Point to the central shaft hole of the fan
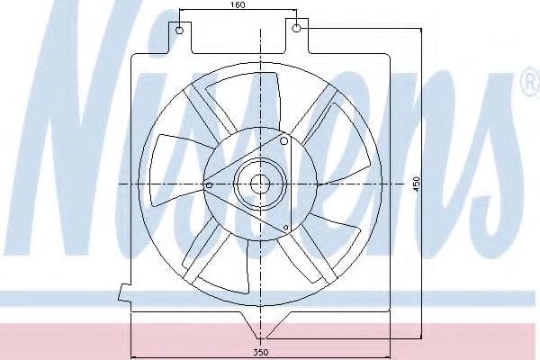(x=260, y=184)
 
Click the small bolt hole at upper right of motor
(x=283, y=140)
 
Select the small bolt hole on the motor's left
(x=210, y=185)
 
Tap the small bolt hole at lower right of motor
(x=285, y=225)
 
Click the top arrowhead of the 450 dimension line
(x=421, y=31)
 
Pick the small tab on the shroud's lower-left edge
(x=123, y=292)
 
